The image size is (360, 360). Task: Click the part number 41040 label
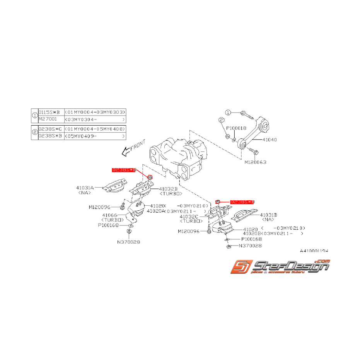(x=270, y=139)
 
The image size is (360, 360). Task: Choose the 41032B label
(x=168, y=188)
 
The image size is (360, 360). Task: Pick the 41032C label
(x=189, y=217)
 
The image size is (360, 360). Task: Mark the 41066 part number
(x=110, y=215)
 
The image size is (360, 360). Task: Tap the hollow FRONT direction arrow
(x=126, y=152)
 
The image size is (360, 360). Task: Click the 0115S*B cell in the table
(x=50, y=112)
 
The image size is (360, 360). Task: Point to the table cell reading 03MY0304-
(x=95, y=119)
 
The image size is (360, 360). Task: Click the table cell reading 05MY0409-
(x=95, y=136)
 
